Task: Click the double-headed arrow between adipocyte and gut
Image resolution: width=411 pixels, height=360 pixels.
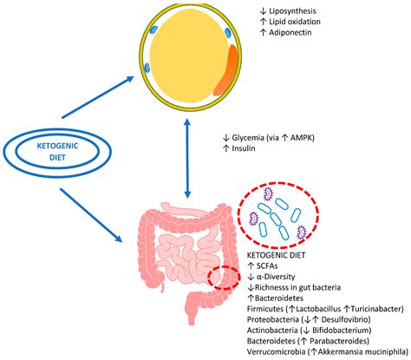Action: click(187, 151)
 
